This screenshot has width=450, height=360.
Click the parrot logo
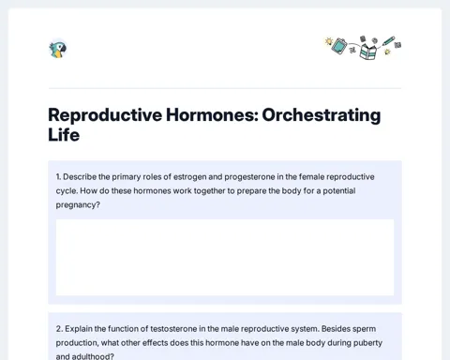(x=58, y=50)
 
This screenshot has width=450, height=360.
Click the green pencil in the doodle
(x=388, y=41)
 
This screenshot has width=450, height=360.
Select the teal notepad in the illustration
(x=339, y=46)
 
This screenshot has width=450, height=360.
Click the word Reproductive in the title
(x=105, y=115)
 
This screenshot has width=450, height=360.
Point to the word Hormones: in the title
(x=212, y=114)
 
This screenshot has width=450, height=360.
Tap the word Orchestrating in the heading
(x=322, y=115)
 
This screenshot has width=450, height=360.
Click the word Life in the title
(x=64, y=135)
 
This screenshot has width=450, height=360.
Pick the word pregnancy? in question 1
(x=78, y=205)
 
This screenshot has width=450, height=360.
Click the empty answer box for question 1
(x=225, y=257)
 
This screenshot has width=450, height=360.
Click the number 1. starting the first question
(x=58, y=177)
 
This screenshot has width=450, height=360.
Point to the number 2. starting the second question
(x=59, y=329)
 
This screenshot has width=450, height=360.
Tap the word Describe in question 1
(x=80, y=177)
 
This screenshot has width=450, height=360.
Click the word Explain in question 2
(x=79, y=329)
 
